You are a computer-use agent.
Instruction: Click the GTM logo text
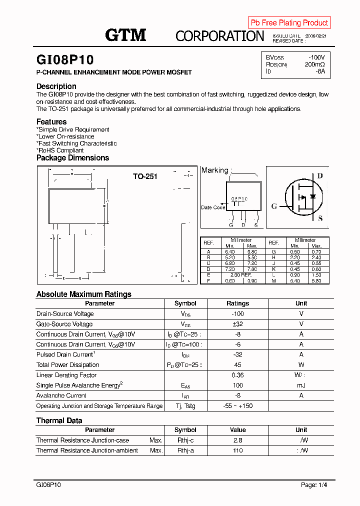coord(125,35)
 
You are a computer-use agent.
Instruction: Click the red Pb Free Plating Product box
coord(289,22)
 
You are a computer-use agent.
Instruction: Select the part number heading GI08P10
coord(65,60)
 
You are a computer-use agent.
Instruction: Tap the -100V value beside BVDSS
coord(316,57)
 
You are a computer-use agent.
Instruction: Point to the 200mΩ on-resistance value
coord(314,64)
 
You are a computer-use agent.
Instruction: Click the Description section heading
coord(56,86)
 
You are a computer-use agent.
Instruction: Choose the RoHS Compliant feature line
coord(60,150)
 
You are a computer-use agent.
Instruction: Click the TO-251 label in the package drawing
coord(145,176)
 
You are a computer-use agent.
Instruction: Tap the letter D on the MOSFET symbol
coord(320,176)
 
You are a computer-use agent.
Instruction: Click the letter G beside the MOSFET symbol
coord(274,206)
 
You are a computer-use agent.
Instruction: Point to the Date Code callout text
coord(213,207)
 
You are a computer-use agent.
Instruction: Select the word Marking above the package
coord(214,170)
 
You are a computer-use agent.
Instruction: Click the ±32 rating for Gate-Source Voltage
coord(237,324)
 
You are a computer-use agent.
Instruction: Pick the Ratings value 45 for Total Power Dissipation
coord(237,365)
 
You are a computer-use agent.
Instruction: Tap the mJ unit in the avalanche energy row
coord(301,385)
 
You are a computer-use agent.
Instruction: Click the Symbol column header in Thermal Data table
coord(185,430)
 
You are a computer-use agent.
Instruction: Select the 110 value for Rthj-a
coord(237,450)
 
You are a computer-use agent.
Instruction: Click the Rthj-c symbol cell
coord(185,440)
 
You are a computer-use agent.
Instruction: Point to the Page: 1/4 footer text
coord(314,485)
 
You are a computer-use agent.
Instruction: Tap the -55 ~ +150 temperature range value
coord(237,406)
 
